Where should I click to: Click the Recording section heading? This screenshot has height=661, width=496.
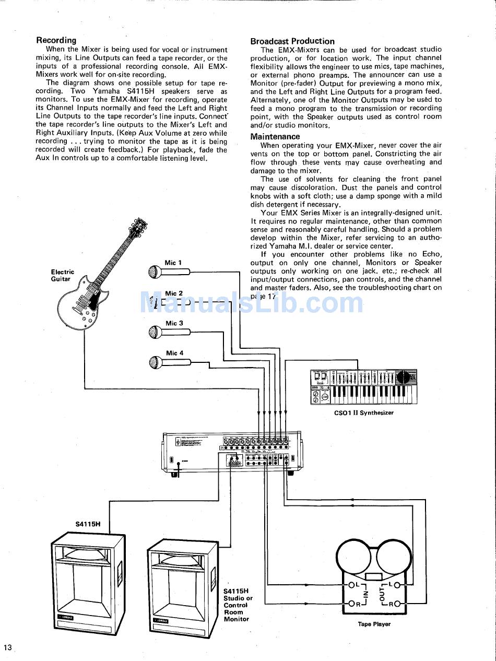pos(56,40)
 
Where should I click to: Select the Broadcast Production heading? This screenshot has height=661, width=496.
pos(292,41)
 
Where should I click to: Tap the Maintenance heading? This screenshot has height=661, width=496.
pos(275,137)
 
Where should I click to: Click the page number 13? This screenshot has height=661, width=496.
pos(7,648)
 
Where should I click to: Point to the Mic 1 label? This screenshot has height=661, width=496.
pos(173,263)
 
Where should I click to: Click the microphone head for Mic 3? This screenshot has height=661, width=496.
pos(155,332)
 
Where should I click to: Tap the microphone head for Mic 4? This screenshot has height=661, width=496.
pos(155,361)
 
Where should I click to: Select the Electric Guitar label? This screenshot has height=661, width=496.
pos(62,275)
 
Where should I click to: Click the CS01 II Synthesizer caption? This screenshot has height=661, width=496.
pos(364,412)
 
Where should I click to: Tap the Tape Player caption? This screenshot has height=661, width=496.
pos(374,624)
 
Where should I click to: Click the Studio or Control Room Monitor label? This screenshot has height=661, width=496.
pos(238,605)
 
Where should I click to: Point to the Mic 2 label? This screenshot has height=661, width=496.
pos(174,293)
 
